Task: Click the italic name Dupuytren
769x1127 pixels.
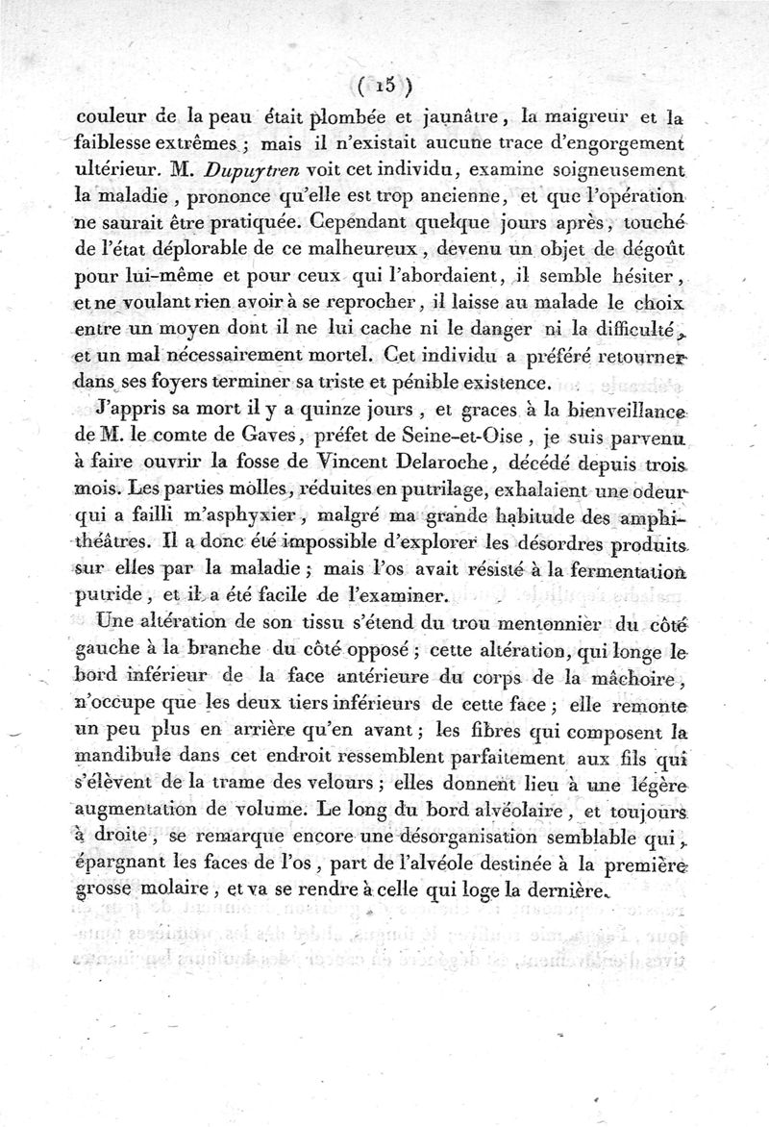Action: (x=234, y=169)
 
